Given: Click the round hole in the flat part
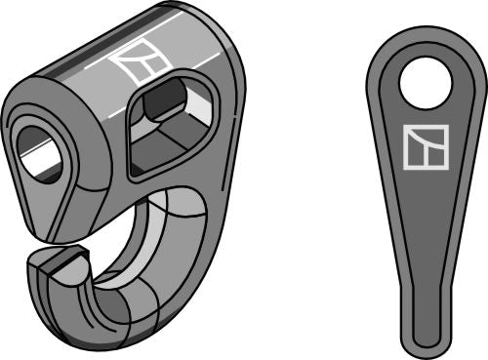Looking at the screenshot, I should (427, 83).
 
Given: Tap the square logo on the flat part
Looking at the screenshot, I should (425, 147).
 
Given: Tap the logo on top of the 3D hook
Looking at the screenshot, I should (135, 63).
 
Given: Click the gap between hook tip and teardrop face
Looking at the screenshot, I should (68, 244).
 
